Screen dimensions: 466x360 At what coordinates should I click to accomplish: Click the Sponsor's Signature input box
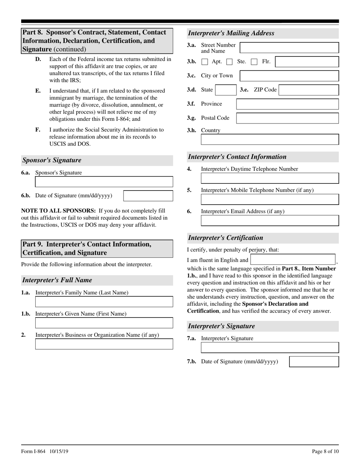tap(104, 182)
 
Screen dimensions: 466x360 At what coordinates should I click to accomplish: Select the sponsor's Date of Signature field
tap(148, 196)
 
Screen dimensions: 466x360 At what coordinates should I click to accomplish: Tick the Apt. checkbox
tap(205, 62)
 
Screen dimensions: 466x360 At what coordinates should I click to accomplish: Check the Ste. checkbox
tap(230, 62)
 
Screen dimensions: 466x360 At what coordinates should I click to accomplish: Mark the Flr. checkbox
tap(254, 62)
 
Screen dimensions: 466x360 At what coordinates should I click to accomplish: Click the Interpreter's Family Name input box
tap(104, 302)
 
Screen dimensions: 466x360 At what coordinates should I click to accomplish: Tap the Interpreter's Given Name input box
tap(104, 323)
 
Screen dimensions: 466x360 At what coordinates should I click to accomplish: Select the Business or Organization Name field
tap(104, 344)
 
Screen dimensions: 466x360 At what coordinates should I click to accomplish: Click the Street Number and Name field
tap(290, 48)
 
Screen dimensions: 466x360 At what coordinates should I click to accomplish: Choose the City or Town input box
tap(290, 76)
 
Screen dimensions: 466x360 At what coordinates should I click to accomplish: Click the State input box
tap(225, 90)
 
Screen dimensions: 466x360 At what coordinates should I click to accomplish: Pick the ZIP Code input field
tap(309, 90)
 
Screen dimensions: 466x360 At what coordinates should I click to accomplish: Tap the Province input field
tap(287, 104)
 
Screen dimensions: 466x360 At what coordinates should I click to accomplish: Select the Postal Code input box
tap(287, 118)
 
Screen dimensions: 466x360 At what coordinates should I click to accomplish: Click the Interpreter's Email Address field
tap(270, 220)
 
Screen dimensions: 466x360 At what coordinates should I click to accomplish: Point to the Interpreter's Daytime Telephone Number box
tap(270, 178)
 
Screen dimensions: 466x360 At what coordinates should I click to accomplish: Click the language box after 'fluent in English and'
tap(293, 260)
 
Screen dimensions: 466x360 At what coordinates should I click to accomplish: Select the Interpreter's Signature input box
tap(270, 348)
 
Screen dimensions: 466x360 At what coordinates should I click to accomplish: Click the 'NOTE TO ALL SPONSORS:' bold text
tap(58, 211)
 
